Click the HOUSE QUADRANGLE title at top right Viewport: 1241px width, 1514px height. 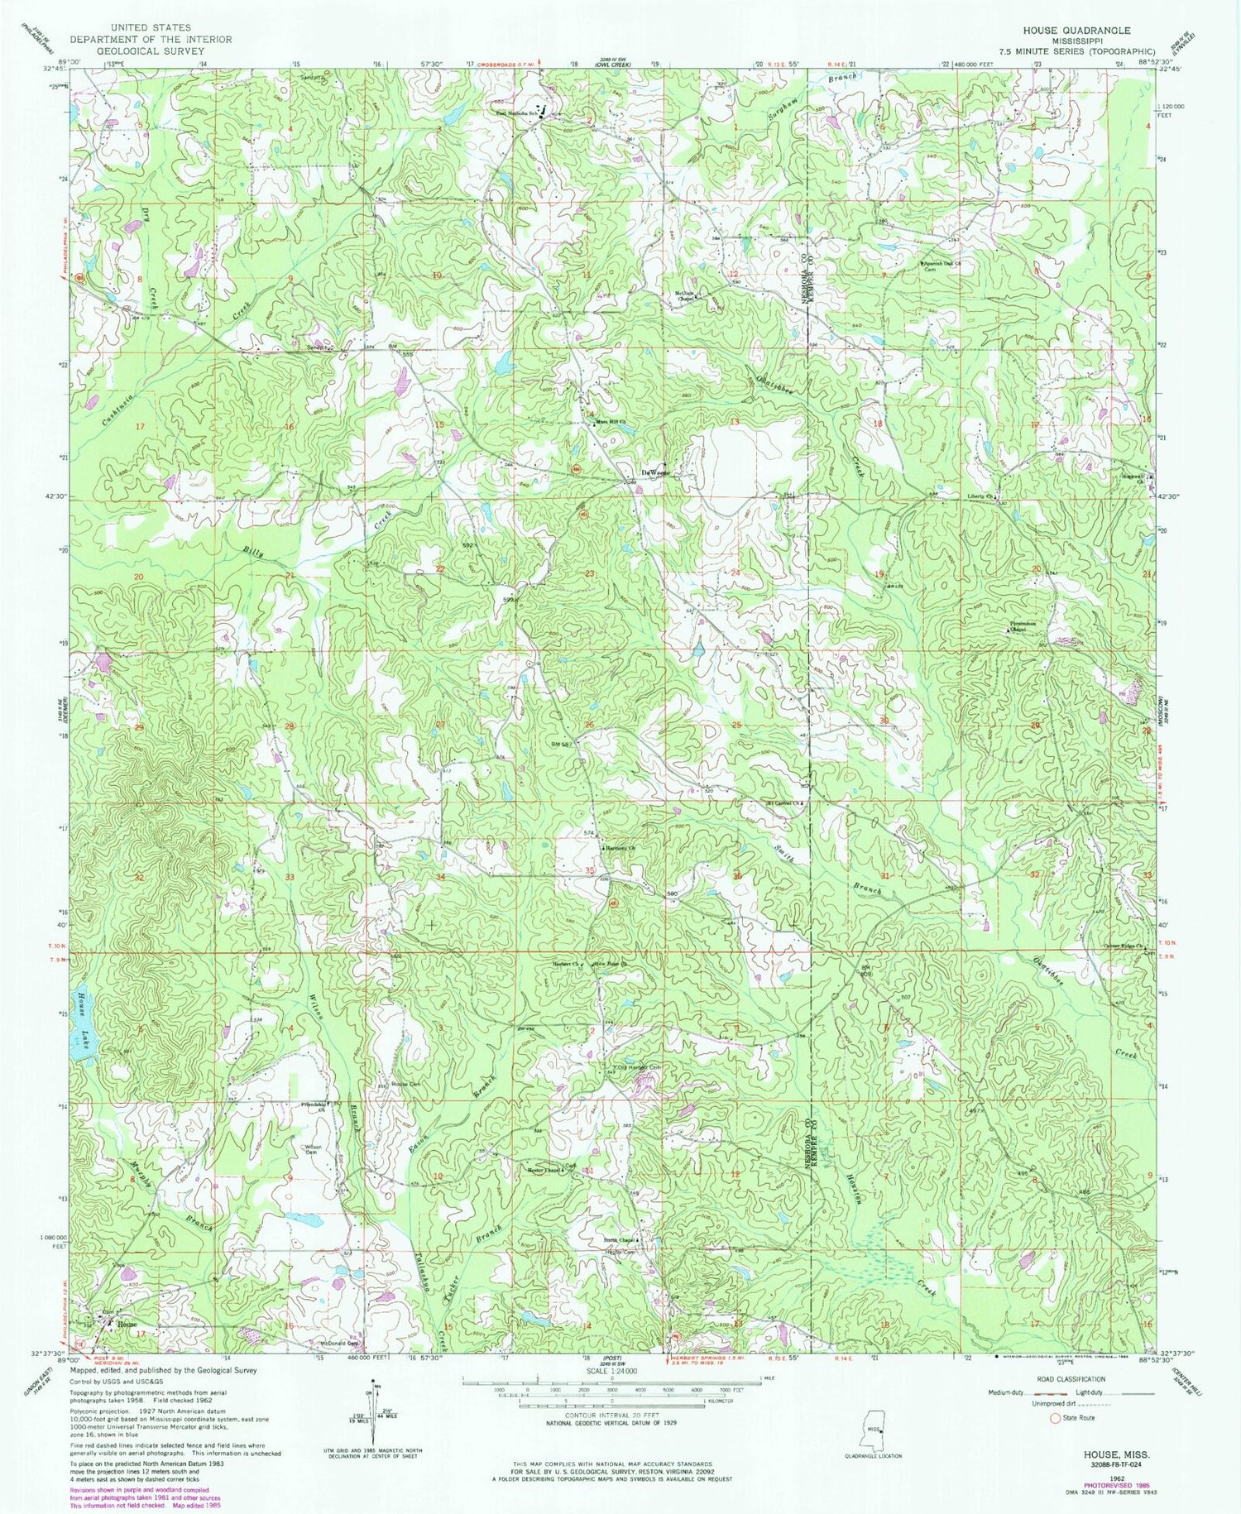pyautogui.click(x=1076, y=30)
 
